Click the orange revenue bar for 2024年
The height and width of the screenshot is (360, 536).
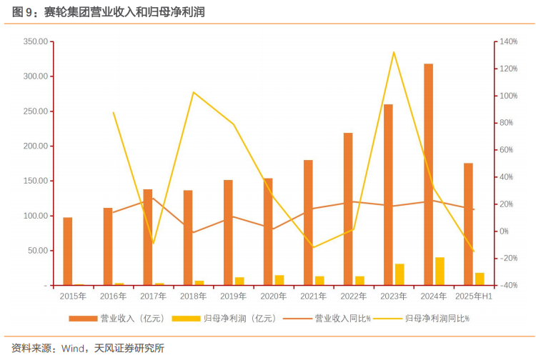click(428, 175)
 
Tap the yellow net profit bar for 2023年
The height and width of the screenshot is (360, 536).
click(399, 275)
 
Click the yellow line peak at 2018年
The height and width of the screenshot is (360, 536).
click(194, 92)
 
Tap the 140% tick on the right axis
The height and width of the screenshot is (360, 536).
click(508, 41)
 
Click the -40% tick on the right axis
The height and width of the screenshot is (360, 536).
click(508, 286)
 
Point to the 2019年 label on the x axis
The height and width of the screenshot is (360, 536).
click(233, 296)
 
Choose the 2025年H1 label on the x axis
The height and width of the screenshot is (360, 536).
click(473, 296)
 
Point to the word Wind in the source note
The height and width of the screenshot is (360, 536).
click(74, 349)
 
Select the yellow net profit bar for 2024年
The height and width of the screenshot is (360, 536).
click(440, 271)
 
